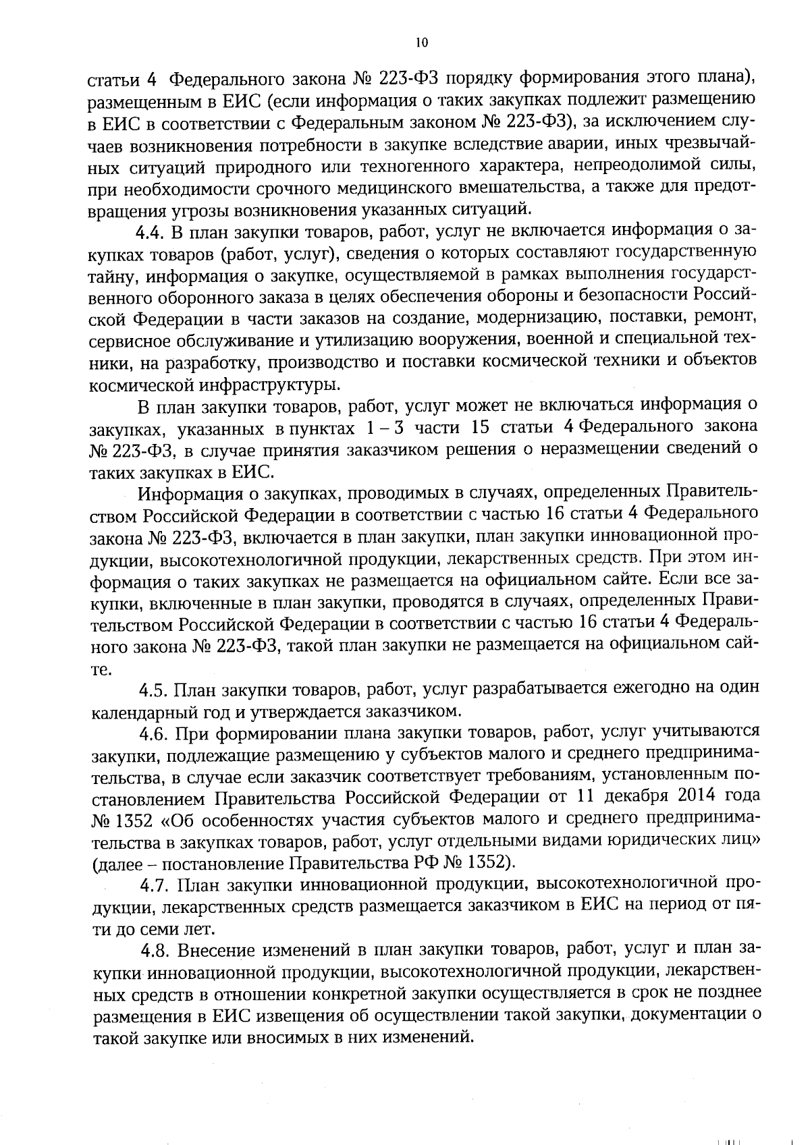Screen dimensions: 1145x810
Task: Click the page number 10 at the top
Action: click(422, 43)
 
